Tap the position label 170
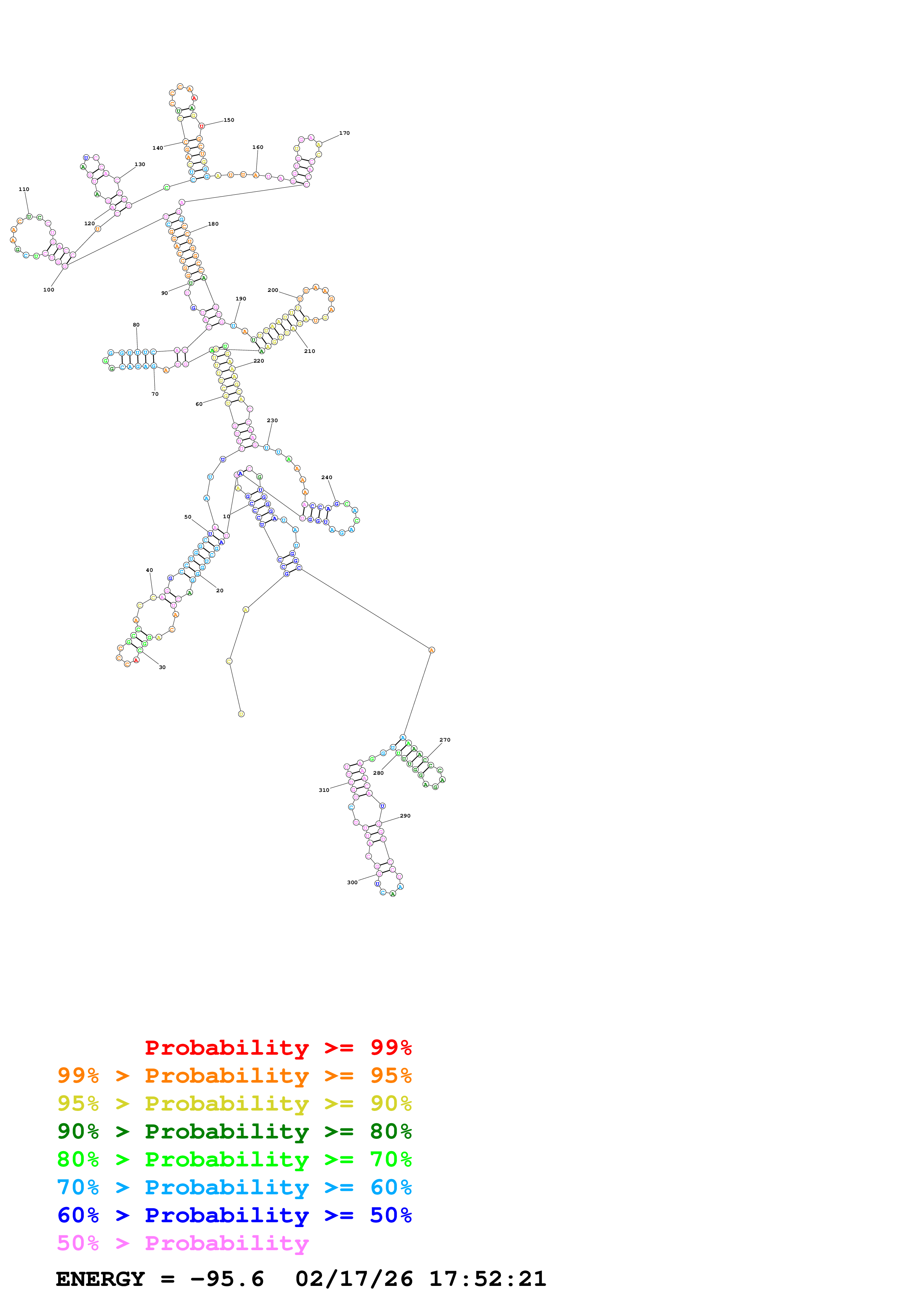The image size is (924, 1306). [344, 133]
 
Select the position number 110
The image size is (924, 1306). [24, 189]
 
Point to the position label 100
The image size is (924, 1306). [49, 290]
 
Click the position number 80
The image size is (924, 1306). [136, 325]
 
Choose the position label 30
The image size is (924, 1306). [162, 667]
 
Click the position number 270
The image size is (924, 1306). [445, 740]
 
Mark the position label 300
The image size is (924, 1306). [352, 882]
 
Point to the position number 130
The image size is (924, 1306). [139, 165]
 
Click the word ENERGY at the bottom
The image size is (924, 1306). [100, 1279]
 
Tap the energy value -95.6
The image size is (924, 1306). [227, 1279]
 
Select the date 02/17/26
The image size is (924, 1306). [354, 1279]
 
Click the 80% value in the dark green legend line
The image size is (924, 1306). [391, 1131]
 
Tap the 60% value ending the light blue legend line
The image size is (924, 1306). [391, 1187]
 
